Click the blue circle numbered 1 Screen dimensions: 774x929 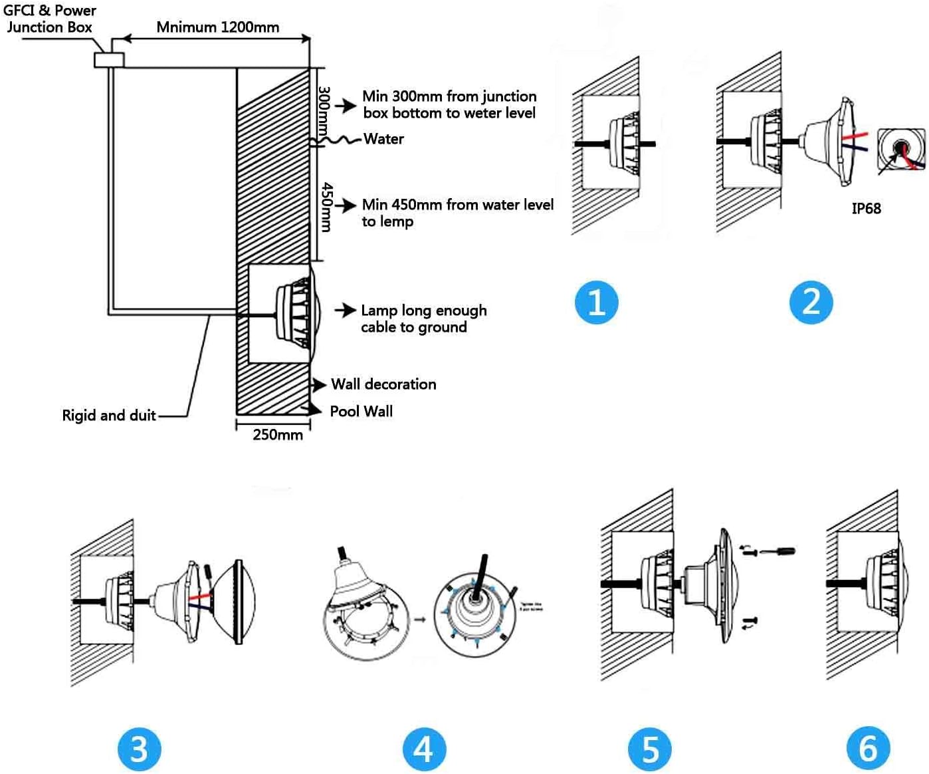tap(596, 302)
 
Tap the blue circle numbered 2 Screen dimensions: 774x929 tap(811, 302)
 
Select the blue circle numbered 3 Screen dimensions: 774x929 tap(139, 748)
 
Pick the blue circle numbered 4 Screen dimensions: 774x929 tap(424, 748)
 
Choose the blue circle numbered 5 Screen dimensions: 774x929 tap(649, 748)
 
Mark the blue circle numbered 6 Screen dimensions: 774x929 tap(868, 748)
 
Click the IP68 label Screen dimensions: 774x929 tap(866, 209)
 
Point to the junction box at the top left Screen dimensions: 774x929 tap(109, 60)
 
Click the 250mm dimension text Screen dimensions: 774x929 tap(277, 435)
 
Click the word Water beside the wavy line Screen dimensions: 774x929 tap(383, 139)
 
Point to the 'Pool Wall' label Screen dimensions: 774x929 tap(361, 412)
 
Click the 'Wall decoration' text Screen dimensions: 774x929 tap(383, 384)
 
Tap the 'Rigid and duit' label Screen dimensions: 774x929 tap(108, 416)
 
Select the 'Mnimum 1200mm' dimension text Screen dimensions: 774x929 tap(217, 27)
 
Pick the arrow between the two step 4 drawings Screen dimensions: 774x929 tap(420, 620)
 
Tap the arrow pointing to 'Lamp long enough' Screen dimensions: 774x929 tap(345, 310)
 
